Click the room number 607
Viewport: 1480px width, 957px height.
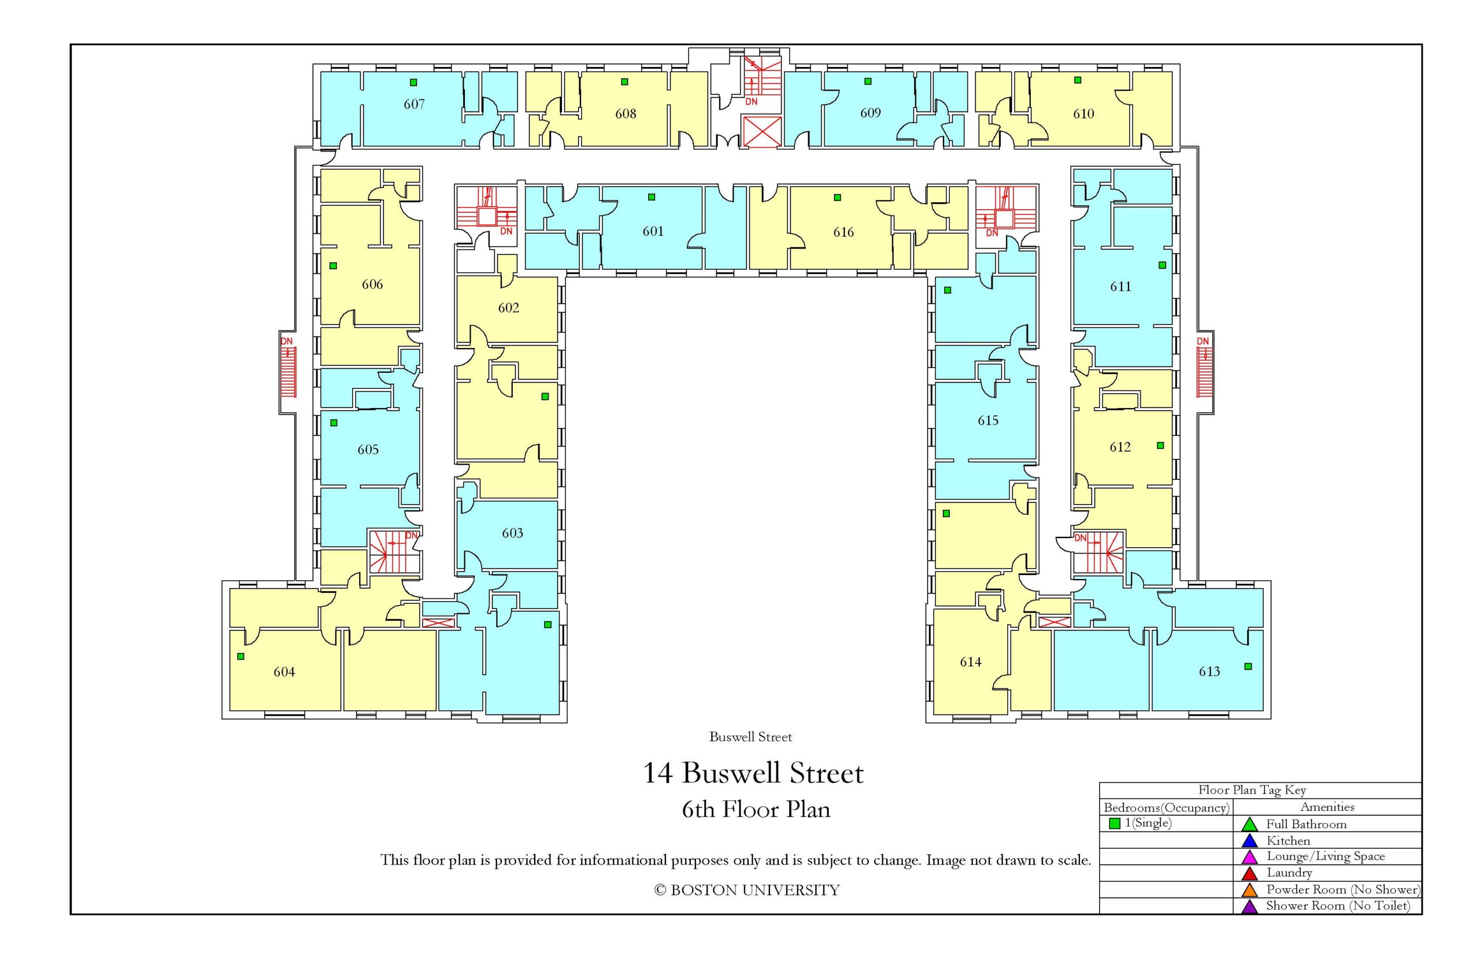pyautogui.click(x=414, y=105)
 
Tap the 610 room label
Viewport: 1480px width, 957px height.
pyautogui.click(x=1083, y=114)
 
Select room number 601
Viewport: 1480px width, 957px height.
pyautogui.click(x=653, y=231)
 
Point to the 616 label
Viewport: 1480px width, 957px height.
pyautogui.click(x=843, y=232)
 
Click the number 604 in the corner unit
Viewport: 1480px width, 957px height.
pyautogui.click(x=284, y=672)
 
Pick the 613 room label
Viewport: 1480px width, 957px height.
pyautogui.click(x=1209, y=671)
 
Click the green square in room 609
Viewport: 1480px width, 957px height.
pyautogui.click(x=868, y=81)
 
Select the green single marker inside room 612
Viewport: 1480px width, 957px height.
pyautogui.click(x=1160, y=446)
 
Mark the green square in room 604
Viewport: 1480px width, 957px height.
pyautogui.click(x=240, y=656)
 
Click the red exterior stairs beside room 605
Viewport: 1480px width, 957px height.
pyautogui.click(x=288, y=372)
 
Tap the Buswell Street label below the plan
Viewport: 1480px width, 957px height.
pyautogui.click(x=750, y=737)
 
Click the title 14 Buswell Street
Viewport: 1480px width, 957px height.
pyautogui.click(x=753, y=773)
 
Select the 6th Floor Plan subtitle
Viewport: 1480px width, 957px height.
pyautogui.click(x=756, y=809)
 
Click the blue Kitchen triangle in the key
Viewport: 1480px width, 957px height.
pyautogui.click(x=1249, y=841)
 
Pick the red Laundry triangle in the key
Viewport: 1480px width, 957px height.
pyautogui.click(x=1249, y=874)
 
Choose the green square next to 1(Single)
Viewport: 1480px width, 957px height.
pyautogui.click(x=1115, y=824)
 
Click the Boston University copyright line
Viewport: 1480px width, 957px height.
pyautogui.click(x=746, y=891)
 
